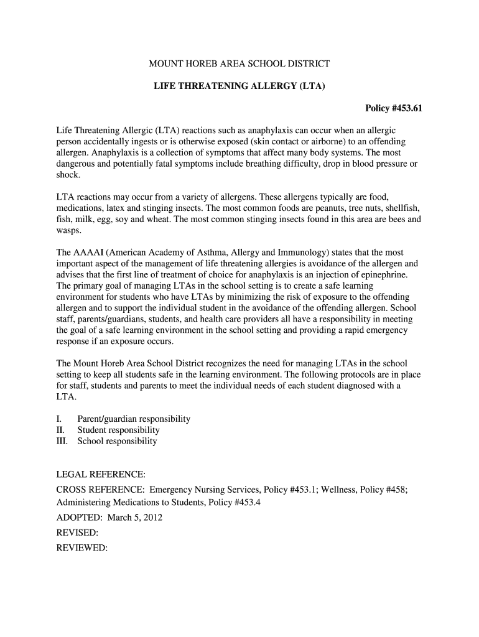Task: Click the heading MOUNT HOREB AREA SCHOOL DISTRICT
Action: (239, 63)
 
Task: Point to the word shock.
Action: (68, 175)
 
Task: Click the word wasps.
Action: (68, 230)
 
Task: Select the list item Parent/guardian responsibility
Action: (134, 419)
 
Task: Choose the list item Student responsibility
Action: (118, 430)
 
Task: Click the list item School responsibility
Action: (117, 441)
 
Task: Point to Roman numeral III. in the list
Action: (63, 441)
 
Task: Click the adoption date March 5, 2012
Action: (135, 518)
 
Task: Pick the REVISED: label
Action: (77, 533)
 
